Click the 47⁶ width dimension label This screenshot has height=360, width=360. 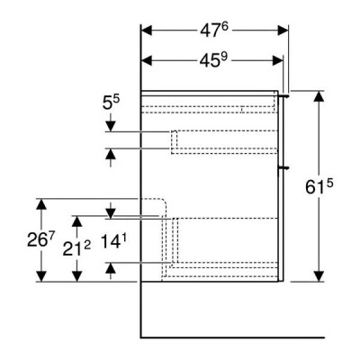[x=214, y=30]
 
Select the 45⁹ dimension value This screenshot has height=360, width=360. [x=213, y=60]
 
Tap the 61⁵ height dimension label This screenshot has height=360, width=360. [x=319, y=187]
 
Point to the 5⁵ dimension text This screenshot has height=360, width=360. [x=111, y=103]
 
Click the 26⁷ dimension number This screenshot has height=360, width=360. [x=41, y=239]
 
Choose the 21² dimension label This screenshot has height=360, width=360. [x=76, y=248]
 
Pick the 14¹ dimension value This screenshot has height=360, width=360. [x=113, y=241]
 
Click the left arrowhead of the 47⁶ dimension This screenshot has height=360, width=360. [x=147, y=31]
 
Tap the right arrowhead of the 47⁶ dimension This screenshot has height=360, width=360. [x=283, y=31]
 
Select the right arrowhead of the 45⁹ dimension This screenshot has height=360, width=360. [x=277, y=61]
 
